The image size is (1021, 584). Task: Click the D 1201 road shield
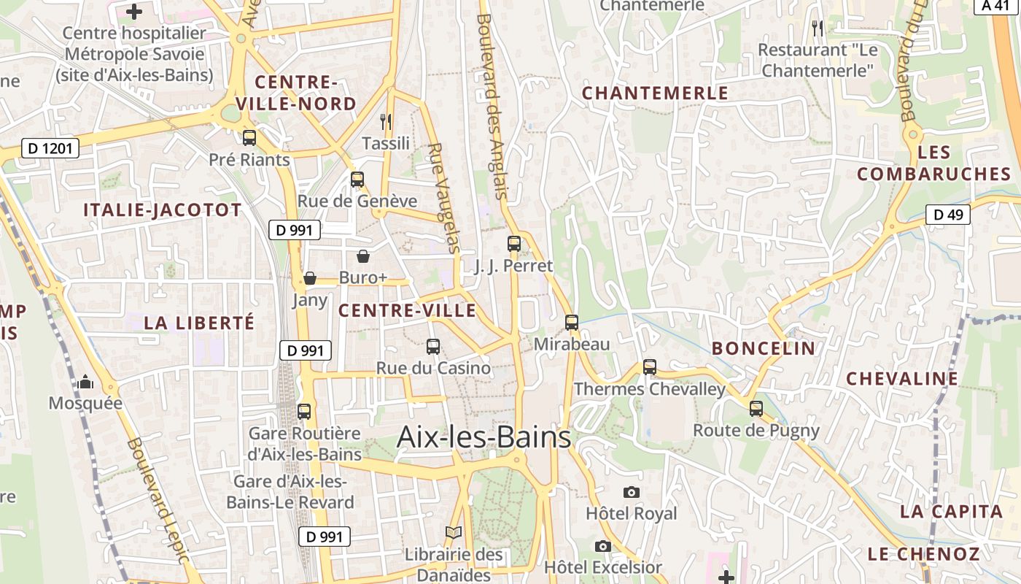pyautogui.click(x=50, y=149)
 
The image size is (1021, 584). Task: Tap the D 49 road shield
pyautogui.click(x=948, y=215)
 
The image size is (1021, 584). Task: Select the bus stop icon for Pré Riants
pyautogui.click(x=249, y=138)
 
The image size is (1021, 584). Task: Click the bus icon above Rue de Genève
pyautogui.click(x=357, y=180)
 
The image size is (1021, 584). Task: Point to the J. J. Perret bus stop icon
pyautogui.click(x=514, y=244)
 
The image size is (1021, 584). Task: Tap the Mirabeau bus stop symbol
pyautogui.click(x=572, y=322)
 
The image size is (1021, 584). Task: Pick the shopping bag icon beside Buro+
pyautogui.click(x=363, y=256)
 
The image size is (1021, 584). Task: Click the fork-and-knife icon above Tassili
pyautogui.click(x=386, y=122)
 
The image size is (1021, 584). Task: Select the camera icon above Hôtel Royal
pyautogui.click(x=632, y=492)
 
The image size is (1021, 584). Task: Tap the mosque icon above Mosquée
pyautogui.click(x=85, y=382)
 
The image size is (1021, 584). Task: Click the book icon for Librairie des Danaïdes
pyautogui.click(x=454, y=533)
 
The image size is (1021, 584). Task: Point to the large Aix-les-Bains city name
pyautogui.click(x=484, y=437)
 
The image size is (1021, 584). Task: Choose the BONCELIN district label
pyautogui.click(x=764, y=348)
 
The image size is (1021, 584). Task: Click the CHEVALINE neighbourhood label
pyautogui.click(x=902, y=379)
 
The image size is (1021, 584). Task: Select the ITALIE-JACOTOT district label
pyautogui.click(x=162, y=210)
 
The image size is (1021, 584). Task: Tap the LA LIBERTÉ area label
pyautogui.click(x=199, y=323)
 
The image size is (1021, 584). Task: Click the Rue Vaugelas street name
pyautogui.click(x=444, y=197)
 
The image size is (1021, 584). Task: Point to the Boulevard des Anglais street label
pyautogui.click(x=492, y=106)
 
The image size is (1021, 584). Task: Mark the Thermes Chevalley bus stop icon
pyautogui.click(x=650, y=367)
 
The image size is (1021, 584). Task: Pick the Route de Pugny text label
pyautogui.click(x=756, y=431)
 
